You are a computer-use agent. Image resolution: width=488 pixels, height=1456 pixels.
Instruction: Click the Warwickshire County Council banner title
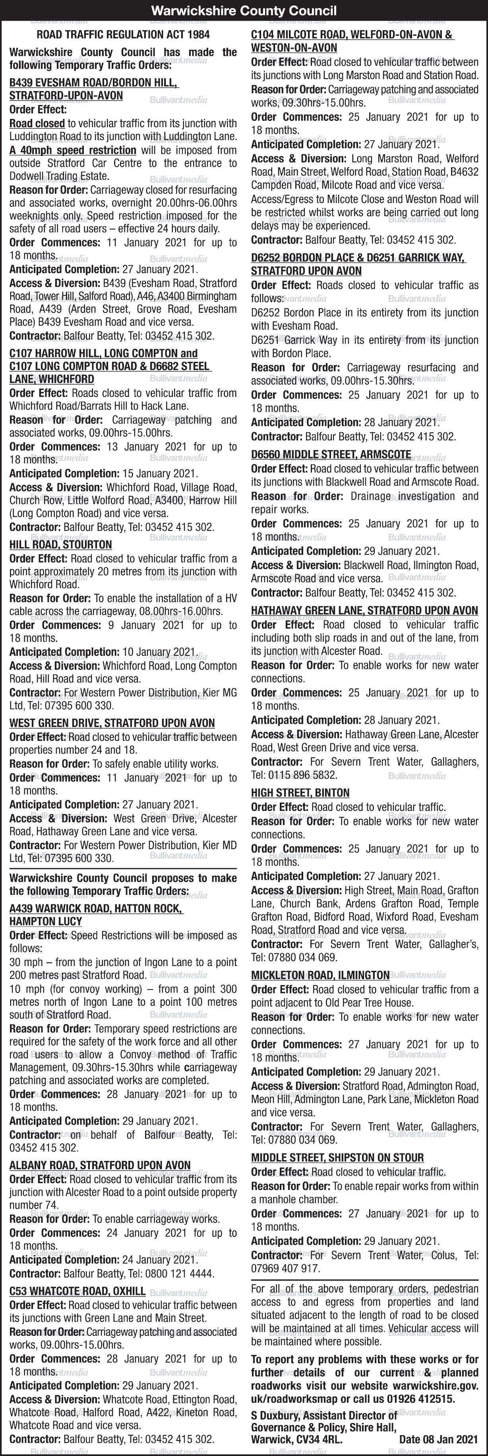244,10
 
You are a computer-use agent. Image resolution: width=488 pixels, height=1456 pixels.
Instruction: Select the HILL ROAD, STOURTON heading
60,544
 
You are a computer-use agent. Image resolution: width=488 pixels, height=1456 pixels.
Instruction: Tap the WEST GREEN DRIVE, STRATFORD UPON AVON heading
112,723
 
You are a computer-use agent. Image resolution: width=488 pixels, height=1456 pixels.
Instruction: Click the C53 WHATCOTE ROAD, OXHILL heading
77,1291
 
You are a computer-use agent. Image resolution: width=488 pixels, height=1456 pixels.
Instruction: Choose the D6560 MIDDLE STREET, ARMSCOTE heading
331,455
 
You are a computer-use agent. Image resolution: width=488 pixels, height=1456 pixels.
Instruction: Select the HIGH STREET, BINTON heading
300,793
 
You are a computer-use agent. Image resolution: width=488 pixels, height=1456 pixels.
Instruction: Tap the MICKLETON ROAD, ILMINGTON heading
320,975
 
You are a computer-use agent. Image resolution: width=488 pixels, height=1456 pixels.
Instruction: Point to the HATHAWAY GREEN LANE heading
364,610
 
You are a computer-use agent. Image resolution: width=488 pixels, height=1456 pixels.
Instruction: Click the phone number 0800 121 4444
186,1273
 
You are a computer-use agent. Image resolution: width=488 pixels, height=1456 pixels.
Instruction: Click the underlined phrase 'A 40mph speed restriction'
72,150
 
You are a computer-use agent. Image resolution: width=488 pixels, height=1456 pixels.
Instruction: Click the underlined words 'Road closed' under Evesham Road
37,123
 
